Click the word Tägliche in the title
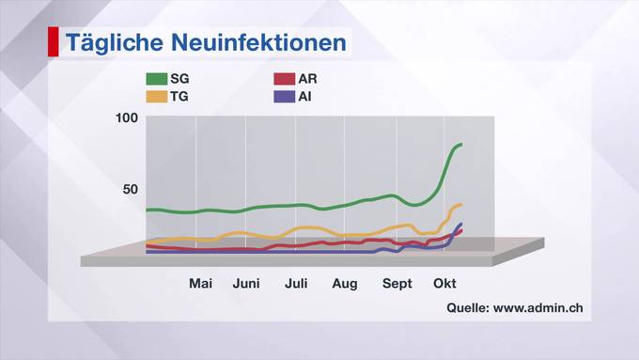pos(115,43)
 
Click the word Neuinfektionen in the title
pos(258,42)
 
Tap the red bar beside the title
pos(54,41)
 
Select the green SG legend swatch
pos(157,79)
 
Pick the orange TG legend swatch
pos(157,97)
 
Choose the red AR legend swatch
pos(284,79)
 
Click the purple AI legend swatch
pos(284,97)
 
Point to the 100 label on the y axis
pos(127,118)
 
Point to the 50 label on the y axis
pos(131,189)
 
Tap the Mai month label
pos(200,283)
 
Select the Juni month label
pos(246,283)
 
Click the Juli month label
pos(296,283)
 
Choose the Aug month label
pos(345,284)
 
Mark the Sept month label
pos(397,284)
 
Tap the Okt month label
pos(444,283)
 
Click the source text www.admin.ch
pos(538,307)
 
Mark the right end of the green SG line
pos(460,145)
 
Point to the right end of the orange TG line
pos(460,205)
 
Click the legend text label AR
pos(307,79)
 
